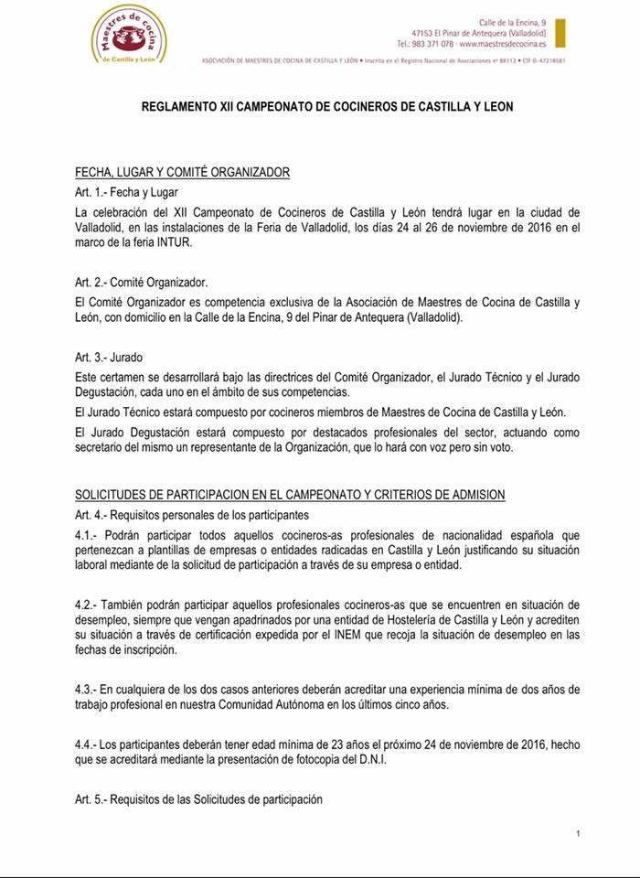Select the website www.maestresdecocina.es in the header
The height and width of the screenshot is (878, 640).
508,44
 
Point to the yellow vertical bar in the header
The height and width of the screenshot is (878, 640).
560,32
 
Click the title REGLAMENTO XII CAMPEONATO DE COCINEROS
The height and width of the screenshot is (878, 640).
326,107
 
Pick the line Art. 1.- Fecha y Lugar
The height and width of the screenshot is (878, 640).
126,192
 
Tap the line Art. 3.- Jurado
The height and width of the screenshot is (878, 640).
109,357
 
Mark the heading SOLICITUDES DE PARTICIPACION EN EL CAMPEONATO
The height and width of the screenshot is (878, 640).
290,495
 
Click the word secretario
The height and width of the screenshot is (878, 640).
103,448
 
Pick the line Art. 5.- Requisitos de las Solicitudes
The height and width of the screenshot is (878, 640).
198,798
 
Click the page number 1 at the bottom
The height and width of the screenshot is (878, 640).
579,834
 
